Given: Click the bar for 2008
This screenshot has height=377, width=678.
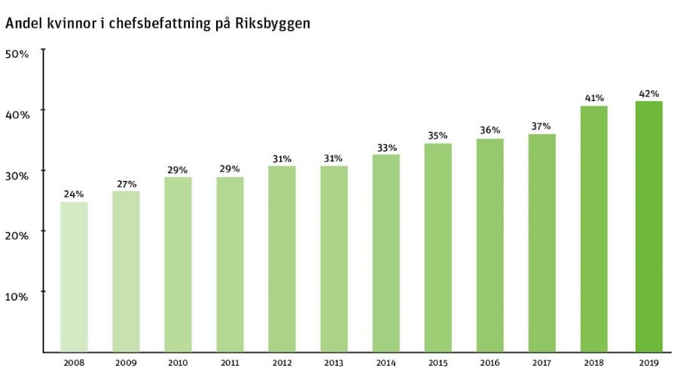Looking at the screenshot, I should click(x=74, y=277).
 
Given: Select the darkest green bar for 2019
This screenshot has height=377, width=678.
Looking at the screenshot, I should click(x=649, y=226).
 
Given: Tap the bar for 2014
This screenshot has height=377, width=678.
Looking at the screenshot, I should click(x=386, y=253).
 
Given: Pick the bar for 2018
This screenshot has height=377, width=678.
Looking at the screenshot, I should click(x=594, y=228).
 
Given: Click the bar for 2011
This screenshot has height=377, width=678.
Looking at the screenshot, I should click(x=230, y=265).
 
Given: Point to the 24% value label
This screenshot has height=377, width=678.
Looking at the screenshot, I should click(x=74, y=194).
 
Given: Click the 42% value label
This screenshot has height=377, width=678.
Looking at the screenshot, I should click(x=649, y=93).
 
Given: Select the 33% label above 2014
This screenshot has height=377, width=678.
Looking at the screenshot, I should click(x=386, y=147).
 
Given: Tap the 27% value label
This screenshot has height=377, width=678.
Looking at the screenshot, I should click(x=126, y=183).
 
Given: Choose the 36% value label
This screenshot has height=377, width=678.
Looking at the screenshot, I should click(x=490, y=130).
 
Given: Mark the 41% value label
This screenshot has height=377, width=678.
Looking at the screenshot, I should click(x=594, y=98).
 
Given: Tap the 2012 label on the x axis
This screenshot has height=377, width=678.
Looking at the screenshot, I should click(x=282, y=363).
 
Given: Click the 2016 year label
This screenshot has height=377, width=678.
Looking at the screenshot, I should click(x=490, y=363).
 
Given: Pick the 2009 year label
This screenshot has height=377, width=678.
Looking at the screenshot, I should click(x=126, y=363).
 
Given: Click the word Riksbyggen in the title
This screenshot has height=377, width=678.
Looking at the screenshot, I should click(x=270, y=23).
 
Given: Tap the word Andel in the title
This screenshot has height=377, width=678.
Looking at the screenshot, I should click(x=23, y=23).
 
